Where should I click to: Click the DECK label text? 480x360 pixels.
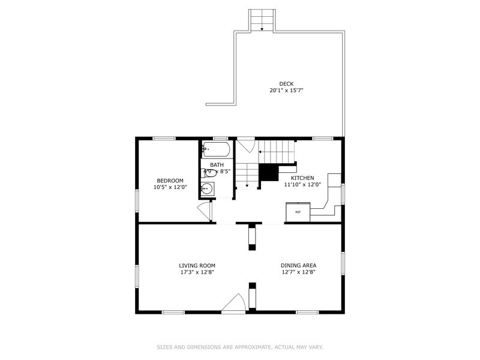286,83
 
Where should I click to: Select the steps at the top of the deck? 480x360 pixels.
262,20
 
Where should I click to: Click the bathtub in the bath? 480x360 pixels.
215,149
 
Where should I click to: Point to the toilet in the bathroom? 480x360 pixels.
209,172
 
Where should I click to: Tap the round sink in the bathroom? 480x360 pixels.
206,189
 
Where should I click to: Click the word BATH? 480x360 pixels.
216,164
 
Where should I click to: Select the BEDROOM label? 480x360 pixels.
170,180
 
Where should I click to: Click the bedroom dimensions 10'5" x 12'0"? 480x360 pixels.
170,187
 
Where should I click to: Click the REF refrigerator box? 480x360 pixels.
298,212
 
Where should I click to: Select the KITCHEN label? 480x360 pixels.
302,178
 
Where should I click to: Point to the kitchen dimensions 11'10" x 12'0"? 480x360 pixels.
302,185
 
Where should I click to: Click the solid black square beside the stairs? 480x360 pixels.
269,172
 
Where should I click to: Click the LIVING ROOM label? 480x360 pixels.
197,265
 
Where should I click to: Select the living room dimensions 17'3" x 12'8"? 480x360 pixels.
197,272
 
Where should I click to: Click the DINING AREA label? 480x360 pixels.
298,265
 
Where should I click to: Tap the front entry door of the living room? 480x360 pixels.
234,304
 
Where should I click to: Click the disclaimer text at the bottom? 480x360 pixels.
239,346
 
